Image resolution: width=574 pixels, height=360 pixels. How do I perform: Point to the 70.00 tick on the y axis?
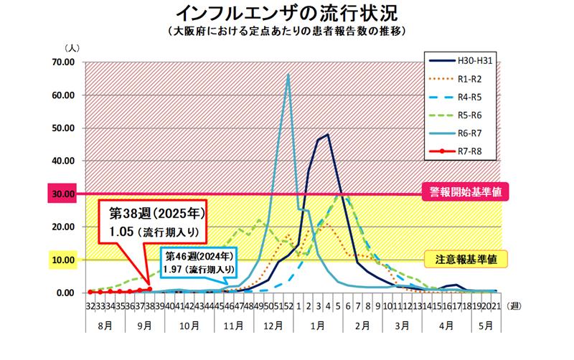click(64, 62)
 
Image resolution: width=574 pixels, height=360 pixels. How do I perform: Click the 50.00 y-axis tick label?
click(64, 128)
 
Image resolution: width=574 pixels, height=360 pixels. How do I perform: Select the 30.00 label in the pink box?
click(64, 194)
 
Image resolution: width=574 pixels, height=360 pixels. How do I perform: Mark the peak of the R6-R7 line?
click(288, 75)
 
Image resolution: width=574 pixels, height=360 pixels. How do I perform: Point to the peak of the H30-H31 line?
click(328, 134)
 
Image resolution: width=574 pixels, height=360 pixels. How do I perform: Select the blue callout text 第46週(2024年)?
click(198, 256)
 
